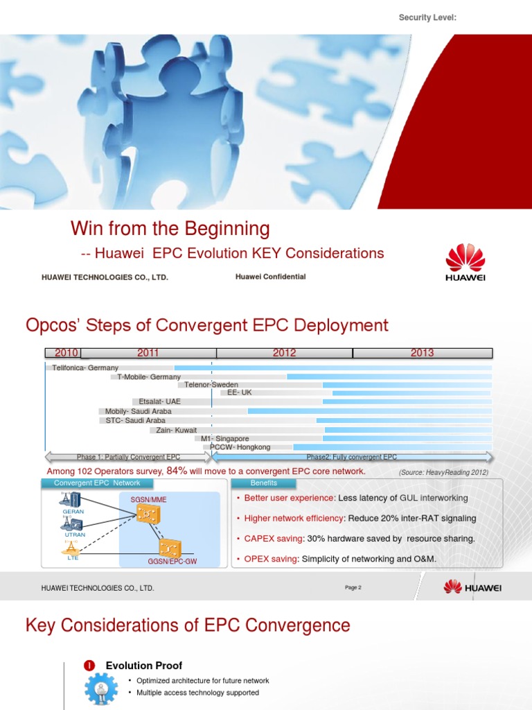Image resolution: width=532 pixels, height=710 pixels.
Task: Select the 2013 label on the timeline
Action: (x=422, y=353)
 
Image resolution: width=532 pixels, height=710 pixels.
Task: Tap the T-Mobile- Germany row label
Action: (x=148, y=377)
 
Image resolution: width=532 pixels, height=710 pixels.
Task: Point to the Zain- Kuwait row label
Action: (x=176, y=430)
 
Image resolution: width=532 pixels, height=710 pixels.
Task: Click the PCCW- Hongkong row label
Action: (x=240, y=447)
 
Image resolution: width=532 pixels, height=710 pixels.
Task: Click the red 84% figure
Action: (x=176, y=471)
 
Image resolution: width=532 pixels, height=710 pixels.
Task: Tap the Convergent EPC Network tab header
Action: (x=97, y=483)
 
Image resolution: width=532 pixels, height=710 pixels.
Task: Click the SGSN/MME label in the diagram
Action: (x=148, y=499)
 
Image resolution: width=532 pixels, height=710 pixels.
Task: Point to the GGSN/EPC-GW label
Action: (x=172, y=561)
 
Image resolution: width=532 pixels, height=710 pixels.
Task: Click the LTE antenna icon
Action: (x=72, y=548)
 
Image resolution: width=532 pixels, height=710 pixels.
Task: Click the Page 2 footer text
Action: (x=353, y=588)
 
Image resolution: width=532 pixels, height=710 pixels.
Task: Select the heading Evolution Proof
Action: (x=144, y=666)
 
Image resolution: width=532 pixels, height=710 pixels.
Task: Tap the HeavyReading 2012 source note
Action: (x=443, y=472)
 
